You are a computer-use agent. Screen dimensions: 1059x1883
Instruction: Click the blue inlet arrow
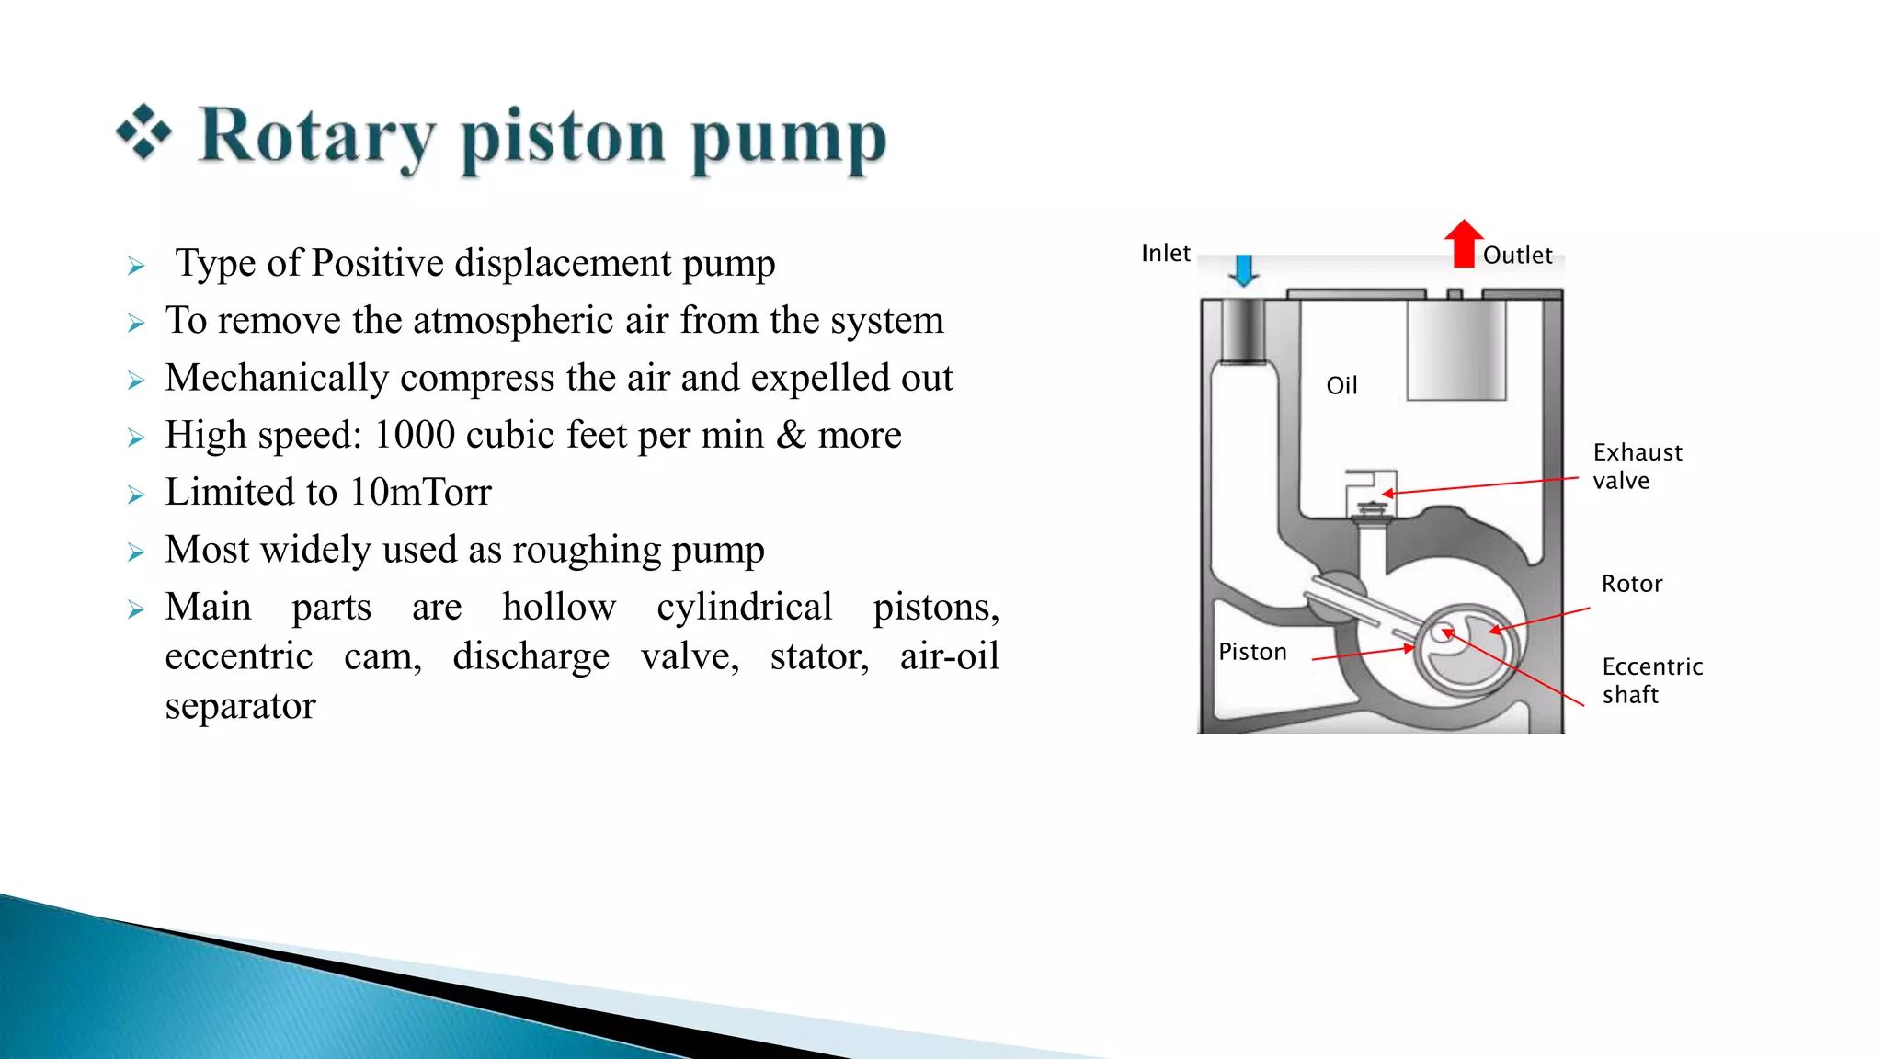tap(1244, 270)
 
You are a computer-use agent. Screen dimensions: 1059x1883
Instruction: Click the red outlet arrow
tap(1464, 244)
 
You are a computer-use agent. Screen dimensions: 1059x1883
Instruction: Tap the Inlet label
tap(1165, 253)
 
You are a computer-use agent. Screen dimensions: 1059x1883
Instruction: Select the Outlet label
tap(1517, 255)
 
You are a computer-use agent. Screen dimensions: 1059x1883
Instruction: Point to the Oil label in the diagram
tap(1341, 385)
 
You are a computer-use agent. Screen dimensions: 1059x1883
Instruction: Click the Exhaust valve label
tap(1637, 466)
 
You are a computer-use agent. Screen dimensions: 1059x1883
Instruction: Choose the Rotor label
tap(1631, 584)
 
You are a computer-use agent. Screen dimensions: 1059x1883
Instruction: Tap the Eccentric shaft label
tap(1651, 680)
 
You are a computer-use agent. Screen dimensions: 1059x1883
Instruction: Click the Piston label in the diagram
tap(1252, 652)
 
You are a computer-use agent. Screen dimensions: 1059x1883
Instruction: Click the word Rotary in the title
tap(317, 138)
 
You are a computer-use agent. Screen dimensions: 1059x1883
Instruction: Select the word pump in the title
tap(789, 140)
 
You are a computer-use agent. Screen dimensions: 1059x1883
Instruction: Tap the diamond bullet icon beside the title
tap(144, 132)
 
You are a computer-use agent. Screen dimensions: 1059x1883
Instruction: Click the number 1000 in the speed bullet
tap(415, 435)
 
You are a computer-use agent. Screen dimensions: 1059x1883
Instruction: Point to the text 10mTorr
tap(420, 493)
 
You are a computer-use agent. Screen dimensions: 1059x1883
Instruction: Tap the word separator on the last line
tap(240, 706)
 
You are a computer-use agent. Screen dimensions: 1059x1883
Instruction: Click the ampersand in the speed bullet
tap(791, 435)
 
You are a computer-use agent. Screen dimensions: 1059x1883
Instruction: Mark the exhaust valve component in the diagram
tap(1371, 496)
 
